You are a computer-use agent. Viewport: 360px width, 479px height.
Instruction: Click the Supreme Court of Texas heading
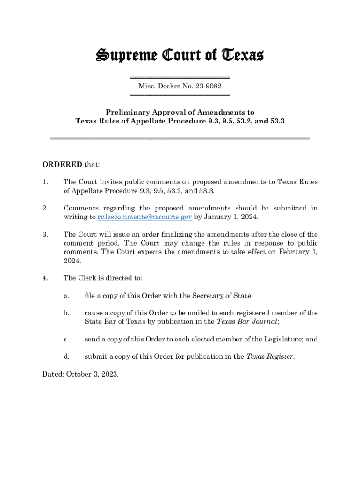click(x=180, y=55)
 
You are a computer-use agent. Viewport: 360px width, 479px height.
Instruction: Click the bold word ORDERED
click(x=62, y=165)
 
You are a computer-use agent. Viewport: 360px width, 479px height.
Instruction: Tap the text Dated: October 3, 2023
click(x=80, y=374)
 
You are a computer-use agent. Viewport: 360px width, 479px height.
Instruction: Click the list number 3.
click(x=45, y=234)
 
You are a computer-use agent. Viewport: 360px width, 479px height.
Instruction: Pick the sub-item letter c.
click(x=66, y=339)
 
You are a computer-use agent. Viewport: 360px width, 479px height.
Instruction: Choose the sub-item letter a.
click(x=66, y=296)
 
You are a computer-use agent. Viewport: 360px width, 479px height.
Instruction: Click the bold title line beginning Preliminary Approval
click(x=180, y=112)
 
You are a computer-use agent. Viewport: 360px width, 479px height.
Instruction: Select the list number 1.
click(x=45, y=182)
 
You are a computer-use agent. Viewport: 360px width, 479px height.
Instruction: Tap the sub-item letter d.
click(x=66, y=356)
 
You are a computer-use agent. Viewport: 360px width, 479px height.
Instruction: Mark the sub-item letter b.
click(x=66, y=313)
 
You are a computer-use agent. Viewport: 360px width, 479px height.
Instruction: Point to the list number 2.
click(x=45, y=208)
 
